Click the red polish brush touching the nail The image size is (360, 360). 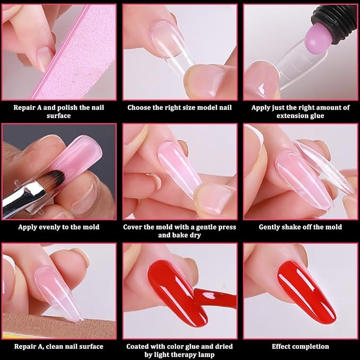click(215, 298)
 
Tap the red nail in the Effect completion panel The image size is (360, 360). click(306, 292)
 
